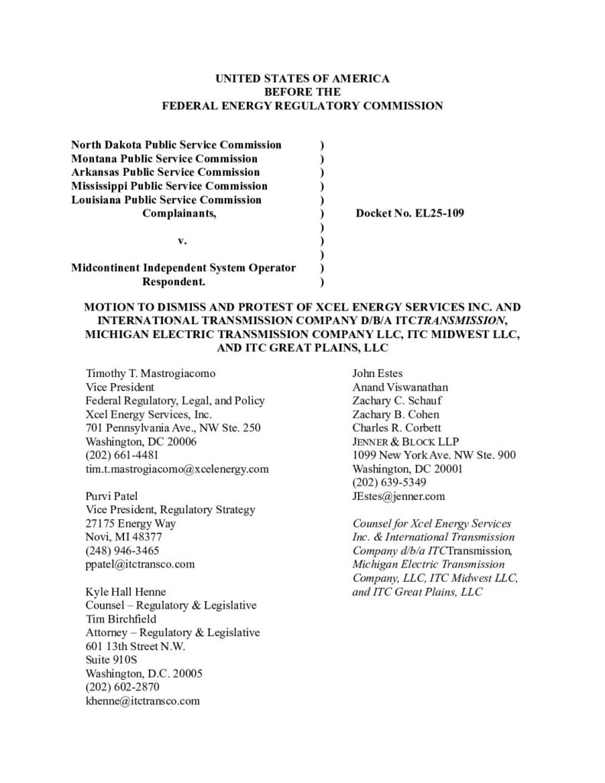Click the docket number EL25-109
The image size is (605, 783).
(410, 213)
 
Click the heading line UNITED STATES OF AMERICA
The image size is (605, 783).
(302, 79)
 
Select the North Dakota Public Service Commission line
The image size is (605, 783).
(176, 145)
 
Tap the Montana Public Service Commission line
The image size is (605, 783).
(164, 158)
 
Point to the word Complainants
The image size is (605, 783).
(180, 213)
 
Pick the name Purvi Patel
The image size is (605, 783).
(111, 496)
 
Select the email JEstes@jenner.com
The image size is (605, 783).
(398, 496)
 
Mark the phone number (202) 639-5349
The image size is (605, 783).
(389, 482)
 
